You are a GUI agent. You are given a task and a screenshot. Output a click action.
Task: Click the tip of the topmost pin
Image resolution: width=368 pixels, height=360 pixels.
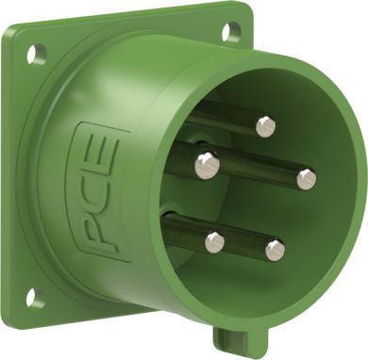coord(266,126)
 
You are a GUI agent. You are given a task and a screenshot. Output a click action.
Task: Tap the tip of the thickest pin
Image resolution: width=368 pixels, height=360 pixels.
coord(207,165)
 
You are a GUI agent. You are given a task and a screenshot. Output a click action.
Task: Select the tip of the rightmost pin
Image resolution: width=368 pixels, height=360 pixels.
coord(307,179)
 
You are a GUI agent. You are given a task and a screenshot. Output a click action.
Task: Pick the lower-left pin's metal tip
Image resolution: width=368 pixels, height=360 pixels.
coord(215,242)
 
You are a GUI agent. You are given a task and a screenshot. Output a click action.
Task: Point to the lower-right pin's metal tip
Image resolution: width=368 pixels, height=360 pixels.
coord(276,251)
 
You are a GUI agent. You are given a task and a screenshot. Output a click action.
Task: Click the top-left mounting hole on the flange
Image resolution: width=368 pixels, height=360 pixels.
coord(37,55)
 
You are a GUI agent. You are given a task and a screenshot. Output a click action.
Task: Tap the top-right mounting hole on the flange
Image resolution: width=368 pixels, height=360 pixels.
coord(231,31)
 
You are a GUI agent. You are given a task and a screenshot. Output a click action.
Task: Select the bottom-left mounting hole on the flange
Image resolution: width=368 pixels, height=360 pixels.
coord(35,298)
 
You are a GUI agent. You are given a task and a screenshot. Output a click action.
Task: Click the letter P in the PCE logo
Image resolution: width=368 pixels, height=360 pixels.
coord(102,233)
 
